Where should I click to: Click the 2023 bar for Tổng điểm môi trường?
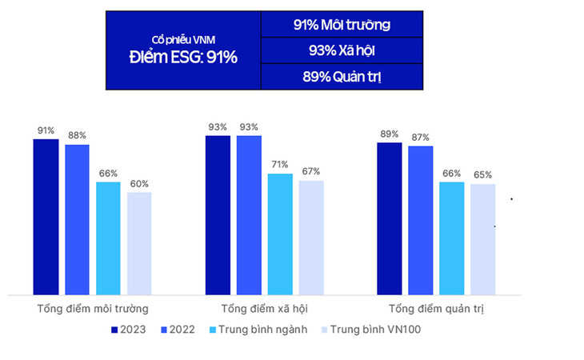coord(46,217)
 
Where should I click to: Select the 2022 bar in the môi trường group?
coord(77,219)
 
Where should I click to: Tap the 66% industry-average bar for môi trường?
coord(108,238)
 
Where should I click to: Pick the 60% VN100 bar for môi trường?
coord(139,243)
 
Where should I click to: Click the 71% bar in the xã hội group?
coord(280,234)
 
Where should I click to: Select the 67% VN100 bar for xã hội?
coord(311,238)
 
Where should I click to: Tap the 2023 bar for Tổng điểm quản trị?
coord(390,218)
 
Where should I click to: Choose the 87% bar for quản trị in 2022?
coord(421,220)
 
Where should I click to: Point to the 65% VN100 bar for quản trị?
coord(483,239)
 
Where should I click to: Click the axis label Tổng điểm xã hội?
coord(264,308)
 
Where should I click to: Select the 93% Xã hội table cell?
coord(341,50)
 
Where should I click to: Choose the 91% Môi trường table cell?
coord(341,24)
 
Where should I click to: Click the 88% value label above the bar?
coord(77,135)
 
